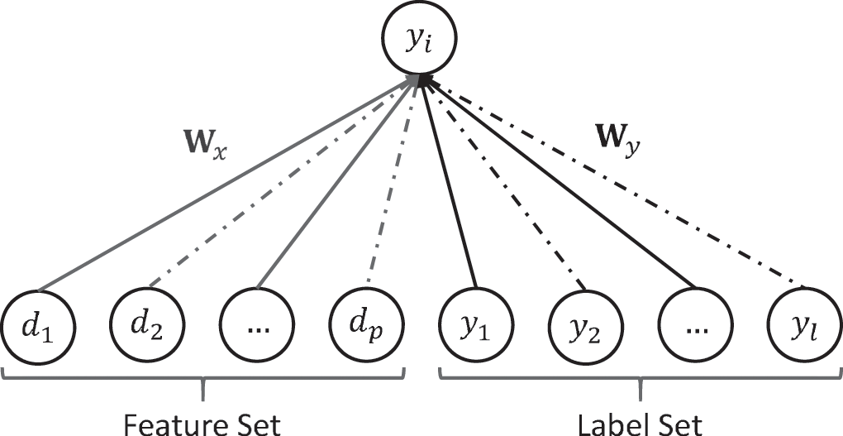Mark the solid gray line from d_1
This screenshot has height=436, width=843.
pos(223,186)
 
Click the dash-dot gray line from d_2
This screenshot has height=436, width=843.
pos(281,187)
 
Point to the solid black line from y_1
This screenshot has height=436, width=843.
pos(449,187)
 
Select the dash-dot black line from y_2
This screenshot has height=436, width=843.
pos(504,187)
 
